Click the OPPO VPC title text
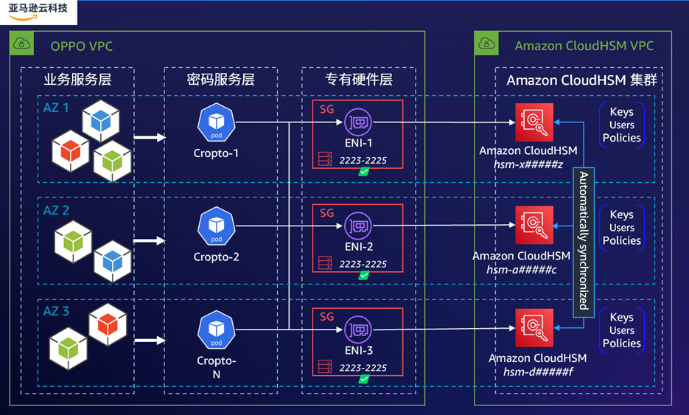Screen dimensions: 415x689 [x=81, y=46]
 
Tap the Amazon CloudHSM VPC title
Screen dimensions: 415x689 [x=584, y=46]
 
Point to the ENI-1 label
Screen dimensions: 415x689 [x=358, y=144]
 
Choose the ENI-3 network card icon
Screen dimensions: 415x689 [x=359, y=329]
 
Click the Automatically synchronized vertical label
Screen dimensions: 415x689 [x=584, y=240]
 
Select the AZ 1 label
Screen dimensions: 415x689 [x=56, y=108]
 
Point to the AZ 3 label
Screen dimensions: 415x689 [x=56, y=311]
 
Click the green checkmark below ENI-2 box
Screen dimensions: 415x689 [x=364, y=276]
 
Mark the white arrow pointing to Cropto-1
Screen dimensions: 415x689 [x=152, y=137]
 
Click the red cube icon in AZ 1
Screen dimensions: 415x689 [x=70, y=150]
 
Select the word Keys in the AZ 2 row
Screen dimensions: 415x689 [x=621, y=215]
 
